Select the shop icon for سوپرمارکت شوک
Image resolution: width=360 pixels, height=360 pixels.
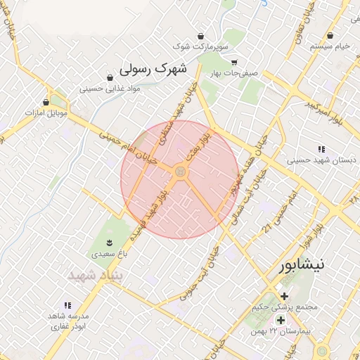(202, 36)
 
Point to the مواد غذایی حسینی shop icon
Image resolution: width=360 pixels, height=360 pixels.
(109, 77)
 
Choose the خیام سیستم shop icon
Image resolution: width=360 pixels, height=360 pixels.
(331, 35)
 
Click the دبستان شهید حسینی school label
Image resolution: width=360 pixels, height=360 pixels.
(316, 160)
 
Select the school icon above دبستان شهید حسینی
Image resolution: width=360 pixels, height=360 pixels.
(321, 149)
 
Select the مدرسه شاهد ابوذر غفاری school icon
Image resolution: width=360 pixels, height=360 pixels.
(67, 305)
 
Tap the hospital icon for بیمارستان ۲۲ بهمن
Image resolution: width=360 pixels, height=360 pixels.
(281, 320)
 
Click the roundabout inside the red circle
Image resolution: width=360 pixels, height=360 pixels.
(180, 172)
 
